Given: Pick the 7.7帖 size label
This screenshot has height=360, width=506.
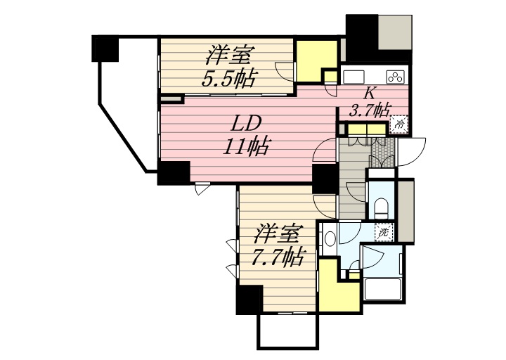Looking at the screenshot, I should pyautogui.click(x=278, y=257).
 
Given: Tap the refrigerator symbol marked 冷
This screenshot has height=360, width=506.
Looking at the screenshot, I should pyautogui.click(x=399, y=124).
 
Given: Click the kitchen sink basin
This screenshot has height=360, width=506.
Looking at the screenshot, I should pyautogui.click(x=353, y=77).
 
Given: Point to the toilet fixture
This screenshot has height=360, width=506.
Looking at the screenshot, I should pyautogui.click(x=382, y=207).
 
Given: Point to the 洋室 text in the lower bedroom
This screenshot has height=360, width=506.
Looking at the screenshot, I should pyautogui.click(x=278, y=233).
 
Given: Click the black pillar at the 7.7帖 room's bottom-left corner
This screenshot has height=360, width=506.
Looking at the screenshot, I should pyautogui.click(x=249, y=300).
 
